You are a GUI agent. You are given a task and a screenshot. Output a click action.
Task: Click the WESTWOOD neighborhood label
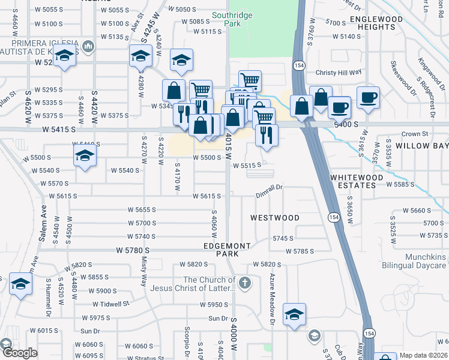274,217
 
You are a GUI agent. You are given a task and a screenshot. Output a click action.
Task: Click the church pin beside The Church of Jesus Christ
244,283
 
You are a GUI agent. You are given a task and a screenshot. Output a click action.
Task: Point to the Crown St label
414,134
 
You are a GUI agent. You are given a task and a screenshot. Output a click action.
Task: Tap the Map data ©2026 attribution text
423,355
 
